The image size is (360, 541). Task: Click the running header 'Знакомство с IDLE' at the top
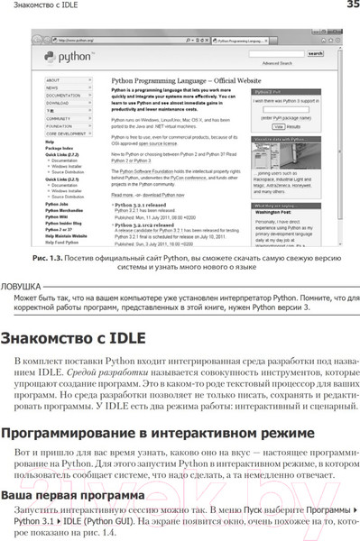[42, 7]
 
